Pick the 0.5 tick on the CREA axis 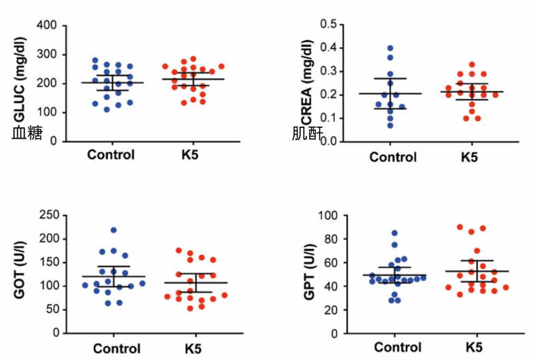(329, 24)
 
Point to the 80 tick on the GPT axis (332, 239)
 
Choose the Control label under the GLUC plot (111, 154)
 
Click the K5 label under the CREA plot (469, 157)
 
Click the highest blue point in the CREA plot (390, 48)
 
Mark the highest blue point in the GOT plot (114, 230)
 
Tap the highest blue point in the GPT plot (394, 233)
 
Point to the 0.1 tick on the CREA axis (329, 118)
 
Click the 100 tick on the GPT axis (329, 216)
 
